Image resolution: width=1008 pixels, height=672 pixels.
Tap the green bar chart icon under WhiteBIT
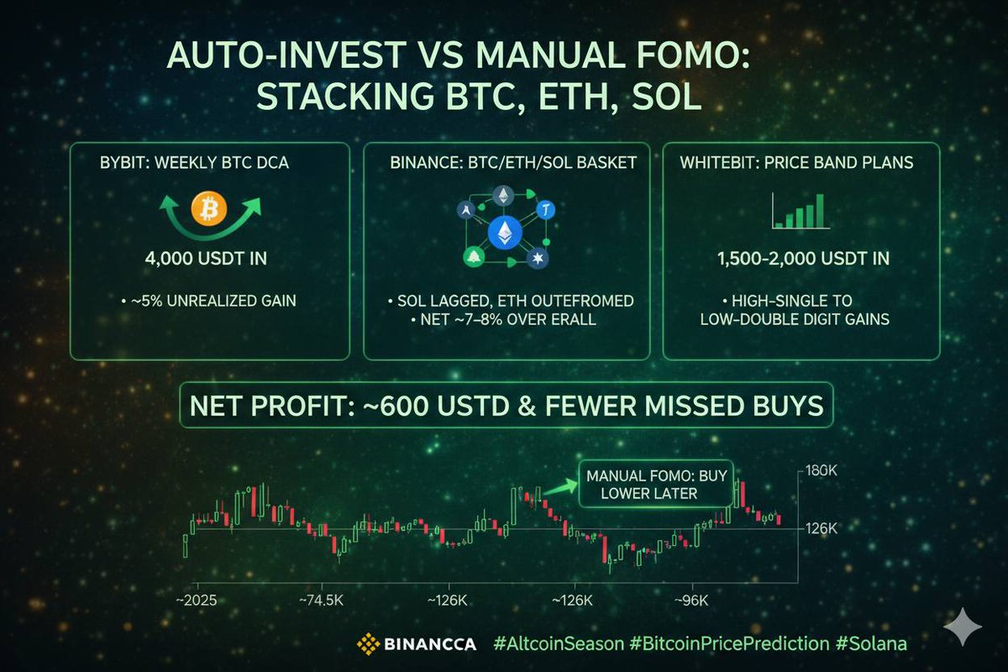click(797, 211)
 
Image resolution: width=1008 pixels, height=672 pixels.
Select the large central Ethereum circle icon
click(505, 232)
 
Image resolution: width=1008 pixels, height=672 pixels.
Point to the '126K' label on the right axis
click(821, 529)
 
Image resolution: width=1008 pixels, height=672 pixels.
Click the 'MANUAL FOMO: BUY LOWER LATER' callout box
click(654, 482)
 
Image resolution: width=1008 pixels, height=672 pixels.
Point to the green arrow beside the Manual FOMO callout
click(558, 486)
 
